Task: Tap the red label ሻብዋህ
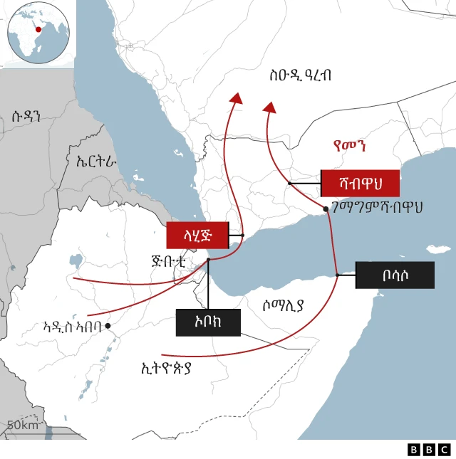360,184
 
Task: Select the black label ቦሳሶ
395,275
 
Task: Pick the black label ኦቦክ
207,322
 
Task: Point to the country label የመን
349,147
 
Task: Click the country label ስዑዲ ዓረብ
300,75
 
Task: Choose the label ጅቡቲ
169,260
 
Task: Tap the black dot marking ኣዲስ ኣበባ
108,326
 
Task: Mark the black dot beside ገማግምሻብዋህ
326,209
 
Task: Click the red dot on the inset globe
38,29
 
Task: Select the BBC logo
429,449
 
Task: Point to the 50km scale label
22,426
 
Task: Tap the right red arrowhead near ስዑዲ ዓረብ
269,107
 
